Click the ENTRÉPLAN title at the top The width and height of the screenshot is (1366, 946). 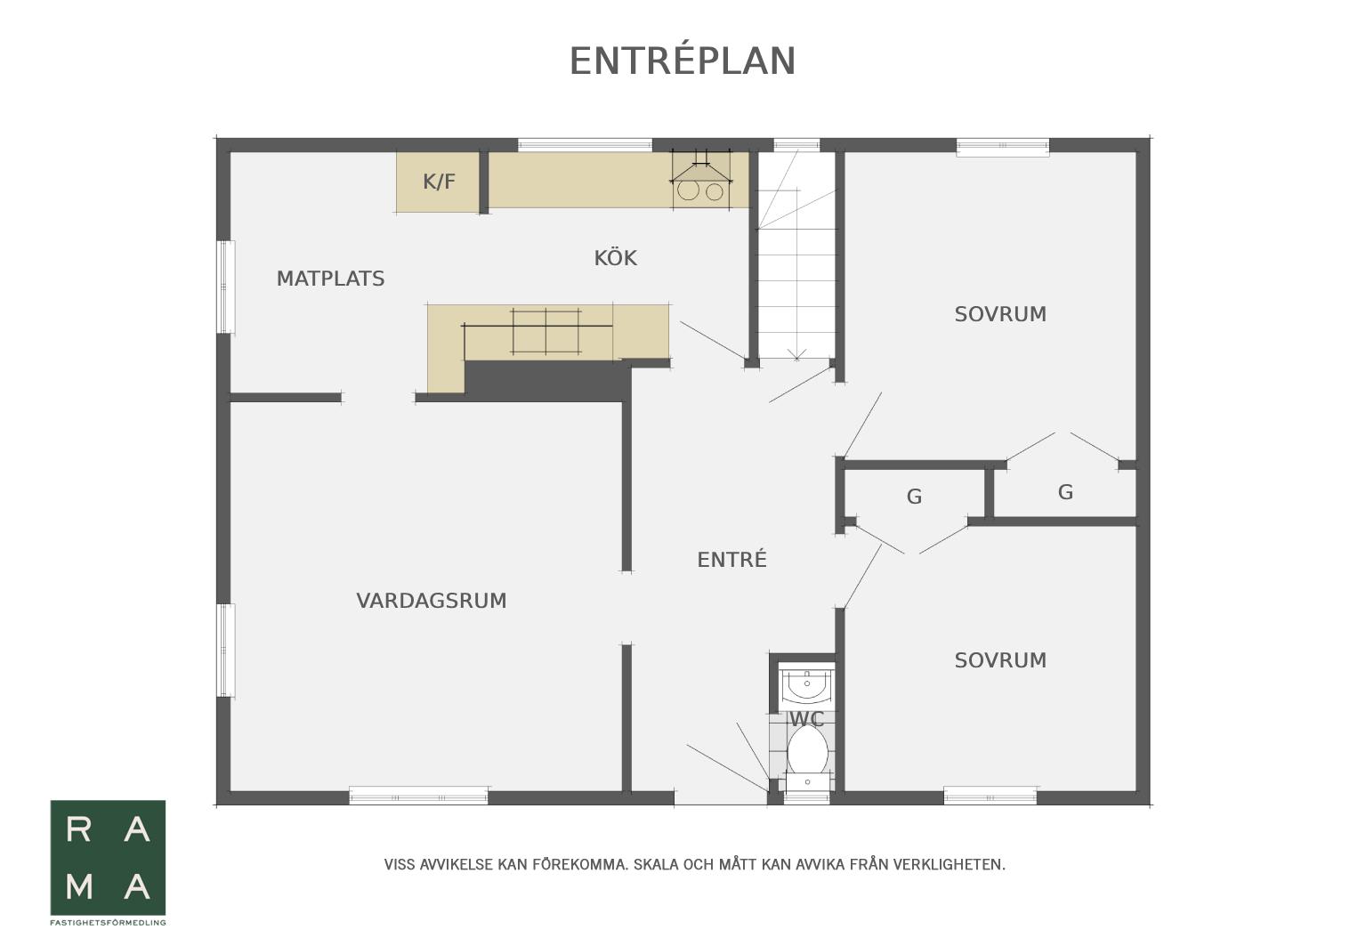[x=683, y=61]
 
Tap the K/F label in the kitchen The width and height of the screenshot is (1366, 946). [x=439, y=182]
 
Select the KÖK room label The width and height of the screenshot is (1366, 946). [x=615, y=258]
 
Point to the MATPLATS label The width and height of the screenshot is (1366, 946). [x=330, y=279]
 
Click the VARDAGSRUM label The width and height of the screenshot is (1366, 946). [x=431, y=601]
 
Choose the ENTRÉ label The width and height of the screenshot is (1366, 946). [x=731, y=559]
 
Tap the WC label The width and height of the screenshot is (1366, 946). [x=806, y=719]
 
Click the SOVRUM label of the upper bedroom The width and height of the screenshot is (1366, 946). [x=1000, y=314]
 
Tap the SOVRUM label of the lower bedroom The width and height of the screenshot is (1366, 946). [x=1000, y=660]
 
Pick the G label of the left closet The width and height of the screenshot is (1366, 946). [x=914, y=497]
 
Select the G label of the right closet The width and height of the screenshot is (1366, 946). [x=1064, y=491]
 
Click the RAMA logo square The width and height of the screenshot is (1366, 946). [x=108, y=858]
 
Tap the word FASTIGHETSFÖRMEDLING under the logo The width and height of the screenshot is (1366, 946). [x=108, y=923]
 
